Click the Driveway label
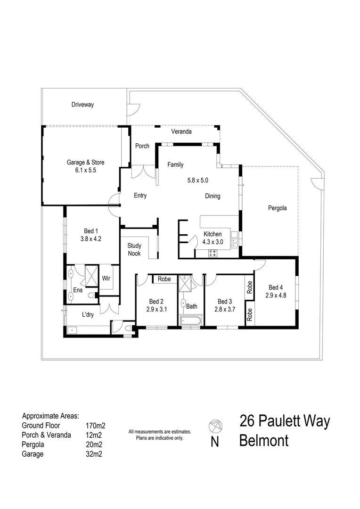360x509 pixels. click(x=82, y=105)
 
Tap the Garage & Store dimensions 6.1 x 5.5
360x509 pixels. click(x=85, y=171)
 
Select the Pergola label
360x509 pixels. click(x=277, y=208)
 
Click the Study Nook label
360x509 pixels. click(x=134, y=249)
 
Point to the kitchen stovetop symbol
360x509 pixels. click(x=213, y=254)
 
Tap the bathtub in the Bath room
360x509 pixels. click(x=191, y=322)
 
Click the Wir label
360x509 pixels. click(x=106, y=278)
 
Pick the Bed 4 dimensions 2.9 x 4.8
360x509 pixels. click(x=276, y=296)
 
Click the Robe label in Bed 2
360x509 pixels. click(x=164, y=279)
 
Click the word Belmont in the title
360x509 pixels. click(x=264, y=441)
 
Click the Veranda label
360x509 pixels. click(x=181, y=131)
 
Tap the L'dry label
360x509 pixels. click(x=88, y=315)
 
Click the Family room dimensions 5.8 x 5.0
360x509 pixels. click(x=197, y=180)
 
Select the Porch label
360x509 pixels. click(x=142, y=146)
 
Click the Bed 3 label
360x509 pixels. click(x=225, y=302)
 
